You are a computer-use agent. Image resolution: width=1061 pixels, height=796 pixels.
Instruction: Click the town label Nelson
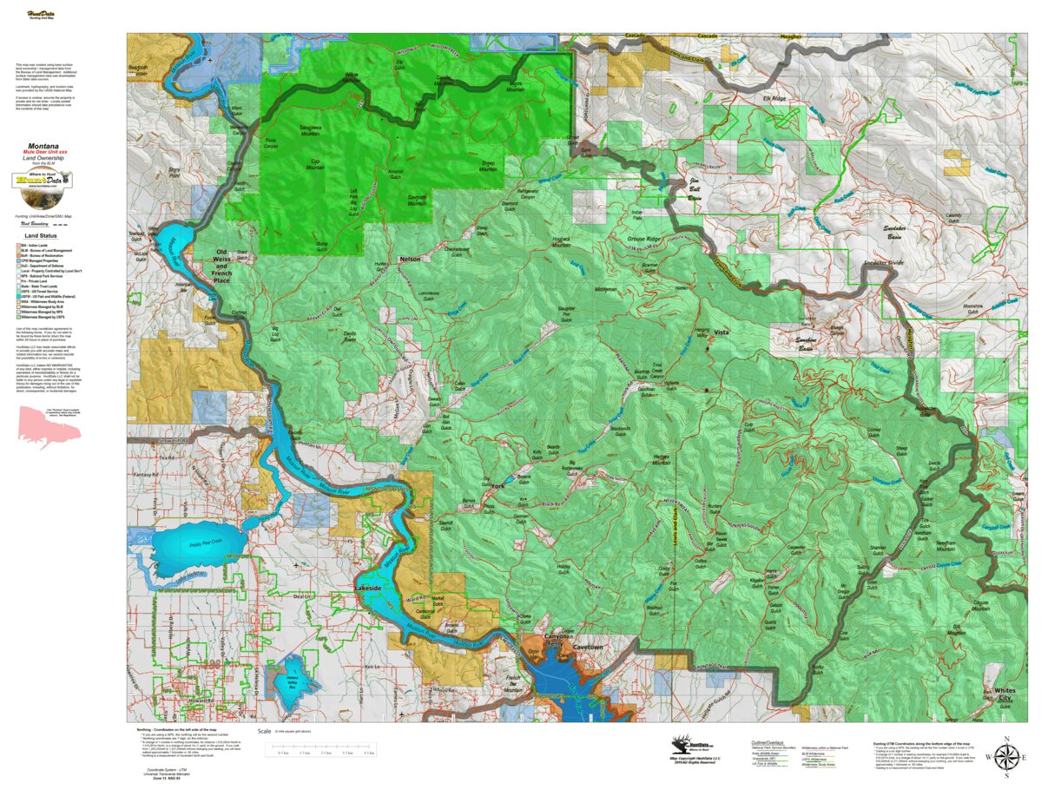point(410,260)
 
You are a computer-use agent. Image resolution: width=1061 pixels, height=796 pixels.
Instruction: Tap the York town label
point(498,487)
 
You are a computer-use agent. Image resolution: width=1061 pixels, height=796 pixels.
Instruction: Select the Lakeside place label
point(368,589)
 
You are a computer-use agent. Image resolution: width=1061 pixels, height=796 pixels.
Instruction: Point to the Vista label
point(721,332)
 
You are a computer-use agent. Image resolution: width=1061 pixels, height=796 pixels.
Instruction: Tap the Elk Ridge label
point(774,99)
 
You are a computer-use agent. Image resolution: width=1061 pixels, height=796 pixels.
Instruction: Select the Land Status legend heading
point(41,235)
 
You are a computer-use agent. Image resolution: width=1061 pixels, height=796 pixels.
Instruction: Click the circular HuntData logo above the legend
point(42,181)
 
